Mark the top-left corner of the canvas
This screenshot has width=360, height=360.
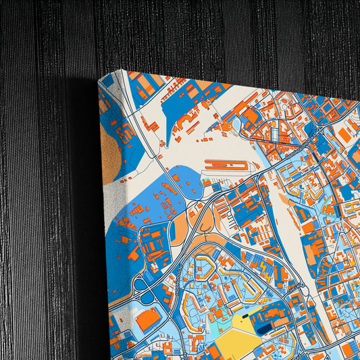pos(99,80)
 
